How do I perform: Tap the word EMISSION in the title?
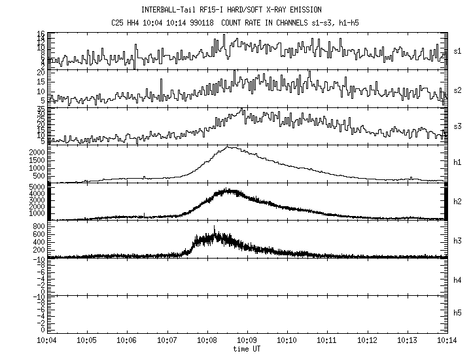click(306, 10)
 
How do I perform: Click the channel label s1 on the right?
click(458, 50)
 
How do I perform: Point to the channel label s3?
click(458, 125)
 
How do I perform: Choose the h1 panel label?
click(458, 162)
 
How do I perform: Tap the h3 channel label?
click(458, 239)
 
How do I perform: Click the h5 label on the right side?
click(458, 314)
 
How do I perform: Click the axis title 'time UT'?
click(247, 350)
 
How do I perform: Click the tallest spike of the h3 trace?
click(214, 226)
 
